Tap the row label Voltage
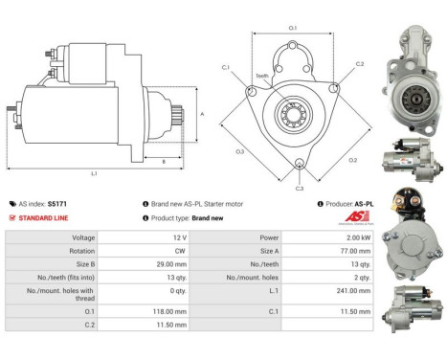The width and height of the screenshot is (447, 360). pos(82,236)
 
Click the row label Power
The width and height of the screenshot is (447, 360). pos(269,236)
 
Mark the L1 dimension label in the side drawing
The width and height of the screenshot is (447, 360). pos(94,172)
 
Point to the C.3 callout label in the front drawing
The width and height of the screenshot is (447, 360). pos(300,189)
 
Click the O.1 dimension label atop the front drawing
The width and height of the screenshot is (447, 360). pos(293,28)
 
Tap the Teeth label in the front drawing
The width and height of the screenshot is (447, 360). pos(261,76)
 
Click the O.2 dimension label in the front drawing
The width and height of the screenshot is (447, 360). pos(352,160)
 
